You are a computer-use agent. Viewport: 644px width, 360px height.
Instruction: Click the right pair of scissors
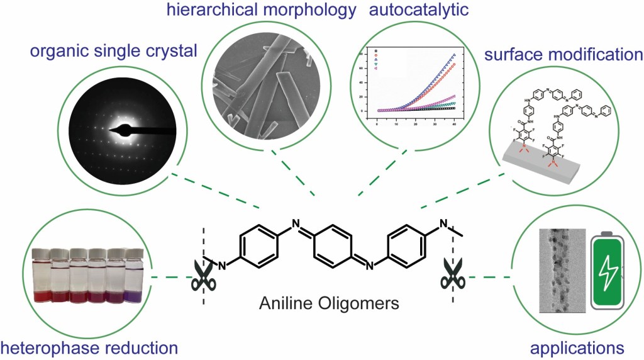tap(452, 273)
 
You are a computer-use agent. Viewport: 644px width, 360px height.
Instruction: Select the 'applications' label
tap(577, 347)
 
